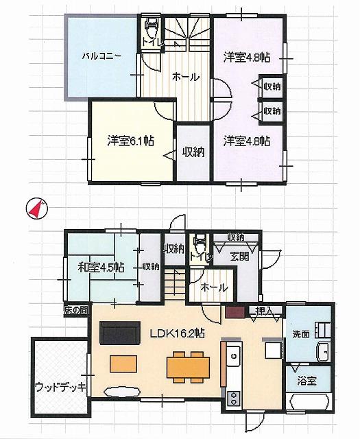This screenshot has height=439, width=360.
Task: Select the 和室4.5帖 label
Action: pos(101,266)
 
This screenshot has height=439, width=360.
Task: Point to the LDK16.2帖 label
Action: pos(178,334)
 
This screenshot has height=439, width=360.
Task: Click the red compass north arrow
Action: pos(37,208)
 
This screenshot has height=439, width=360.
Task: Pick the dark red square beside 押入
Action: pos(233,312)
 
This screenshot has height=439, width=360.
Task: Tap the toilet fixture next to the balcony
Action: pos(152,29)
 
